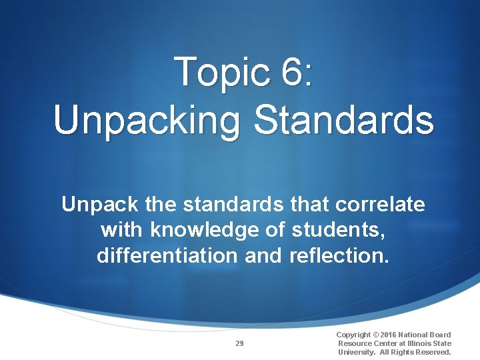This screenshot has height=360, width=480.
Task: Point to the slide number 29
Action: point(239,343)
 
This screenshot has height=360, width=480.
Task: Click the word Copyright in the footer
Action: point(354,335)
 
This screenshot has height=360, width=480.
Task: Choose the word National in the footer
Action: point(417,335)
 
